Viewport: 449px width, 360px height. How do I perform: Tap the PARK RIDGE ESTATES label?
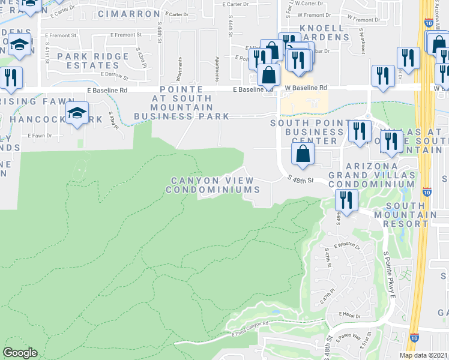tap(93, 61)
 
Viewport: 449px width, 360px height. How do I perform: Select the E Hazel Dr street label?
tap(348, 314)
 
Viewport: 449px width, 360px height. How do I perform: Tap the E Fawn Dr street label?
tap(40, 136)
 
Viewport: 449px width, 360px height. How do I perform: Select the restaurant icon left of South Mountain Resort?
tap(346, 199)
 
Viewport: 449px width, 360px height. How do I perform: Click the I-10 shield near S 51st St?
tap(414, 338)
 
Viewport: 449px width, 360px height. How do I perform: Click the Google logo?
tap(20, 353)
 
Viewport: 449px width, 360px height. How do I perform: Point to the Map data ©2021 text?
tap(424, 355)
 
